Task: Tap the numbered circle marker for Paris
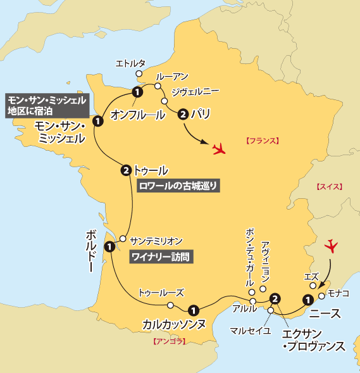pos(183,115)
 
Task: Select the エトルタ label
pos(131,63)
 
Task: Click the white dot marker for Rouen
pos(158,86)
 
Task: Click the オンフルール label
pos(138,115)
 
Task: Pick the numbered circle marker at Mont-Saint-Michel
pos(97,120)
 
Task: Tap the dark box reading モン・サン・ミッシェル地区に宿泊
pos(46,104)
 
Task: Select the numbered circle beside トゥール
pos(125,170)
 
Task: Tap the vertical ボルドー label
pos(89,250)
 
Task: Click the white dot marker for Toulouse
pos(170,305)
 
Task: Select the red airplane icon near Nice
pos(331,246)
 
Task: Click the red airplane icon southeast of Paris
pos(220,149)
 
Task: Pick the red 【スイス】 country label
pos(329,187)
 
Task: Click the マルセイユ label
pos(251,330)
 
